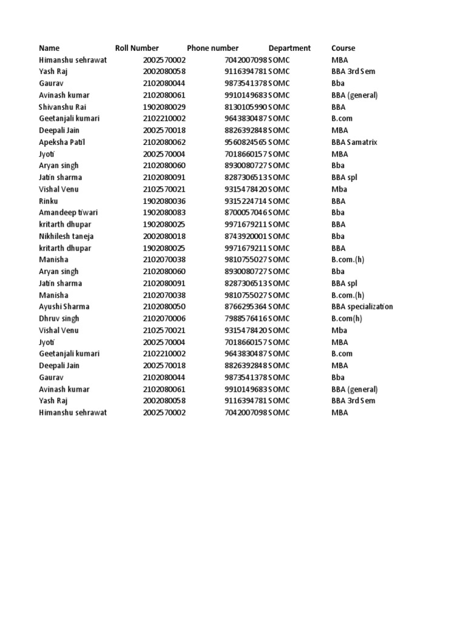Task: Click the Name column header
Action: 50,48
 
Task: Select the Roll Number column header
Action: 137,48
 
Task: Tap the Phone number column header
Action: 213,48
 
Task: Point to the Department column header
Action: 289,48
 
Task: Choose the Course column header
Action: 343,48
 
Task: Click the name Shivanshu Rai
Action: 61,107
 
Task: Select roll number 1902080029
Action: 164,107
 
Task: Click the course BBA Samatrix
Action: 354,142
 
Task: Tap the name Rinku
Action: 48,201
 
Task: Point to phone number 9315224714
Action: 246,201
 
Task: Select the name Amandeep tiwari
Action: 68,213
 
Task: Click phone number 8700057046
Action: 246,213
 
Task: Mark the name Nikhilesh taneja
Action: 66,236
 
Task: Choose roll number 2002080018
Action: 164,236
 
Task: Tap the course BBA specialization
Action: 362,307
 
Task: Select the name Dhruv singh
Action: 59,318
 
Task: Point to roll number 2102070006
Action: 164,318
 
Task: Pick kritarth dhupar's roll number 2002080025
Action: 164,224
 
